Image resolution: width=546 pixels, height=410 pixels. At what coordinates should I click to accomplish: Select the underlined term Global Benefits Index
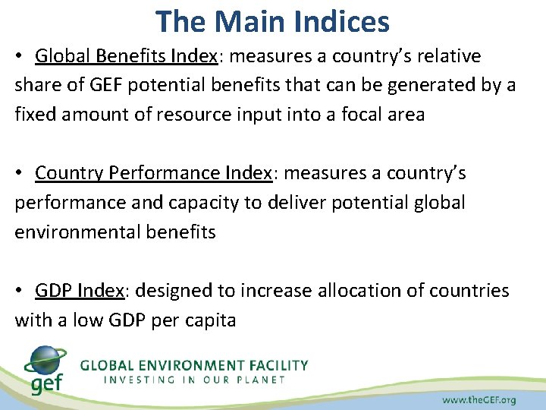[x=126, y=56]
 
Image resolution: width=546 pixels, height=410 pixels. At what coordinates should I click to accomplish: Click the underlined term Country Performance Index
[x=154, y=173]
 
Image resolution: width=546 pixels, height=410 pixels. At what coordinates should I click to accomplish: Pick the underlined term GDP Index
[x=80, y=291]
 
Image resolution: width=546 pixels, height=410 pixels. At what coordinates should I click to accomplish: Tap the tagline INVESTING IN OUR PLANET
[x=195, y=379]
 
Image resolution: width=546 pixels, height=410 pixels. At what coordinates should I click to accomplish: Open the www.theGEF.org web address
[x=479, y=399]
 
